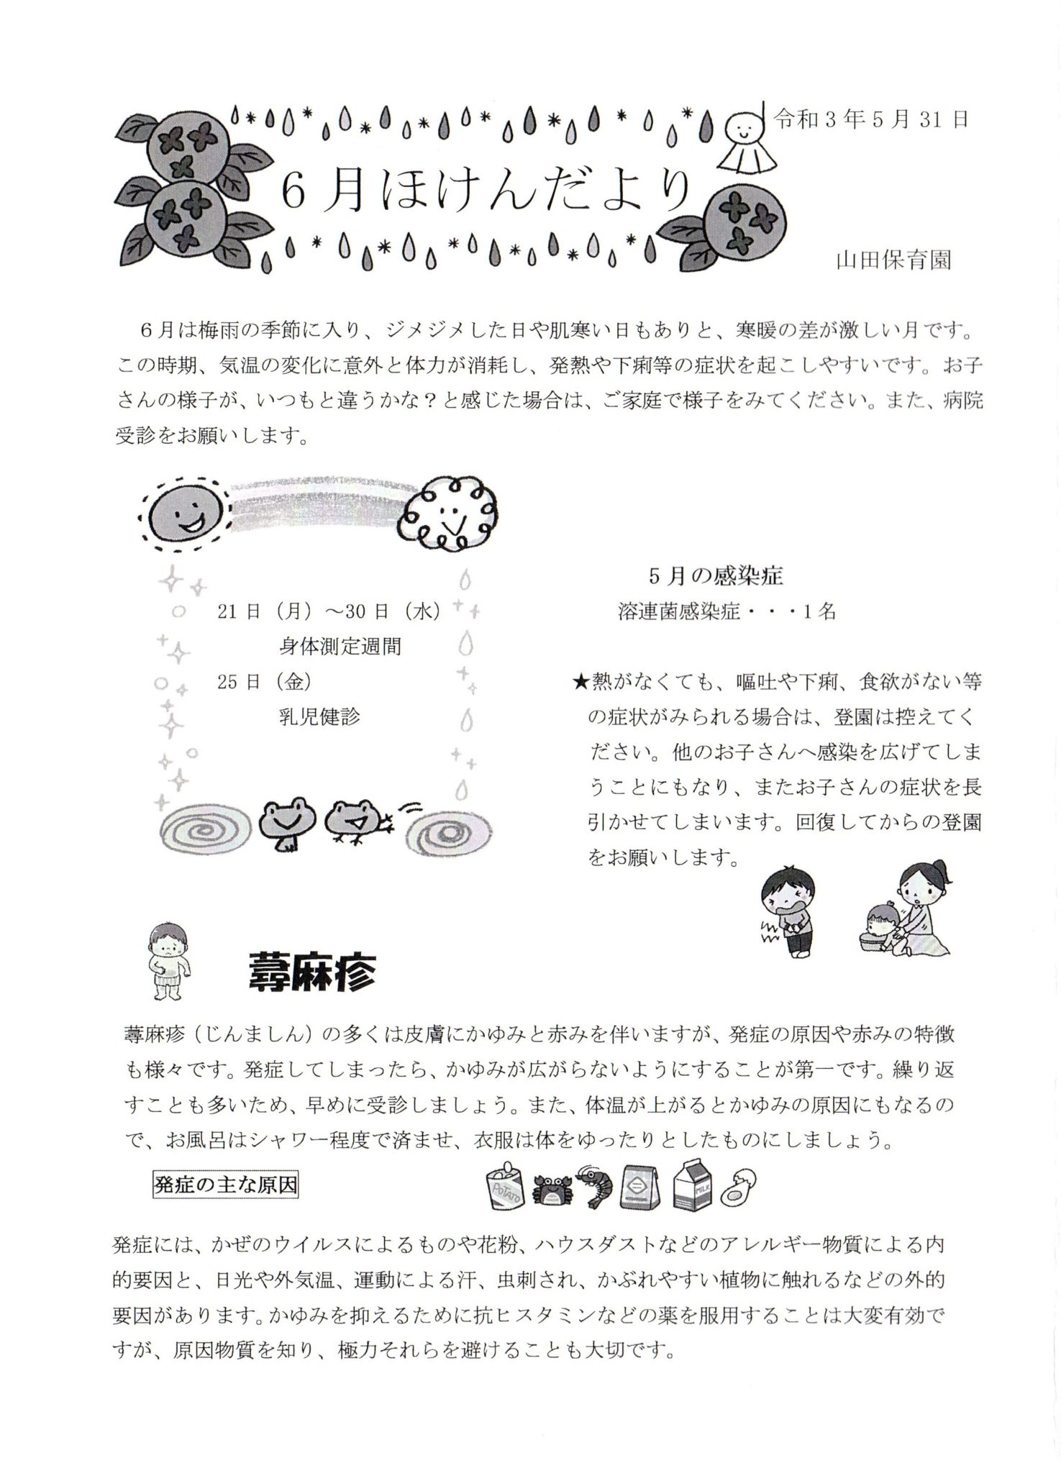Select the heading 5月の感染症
715,575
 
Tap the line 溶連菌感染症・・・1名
727,612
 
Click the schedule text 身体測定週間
340,647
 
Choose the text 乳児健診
319,716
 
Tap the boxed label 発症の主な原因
225,1185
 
